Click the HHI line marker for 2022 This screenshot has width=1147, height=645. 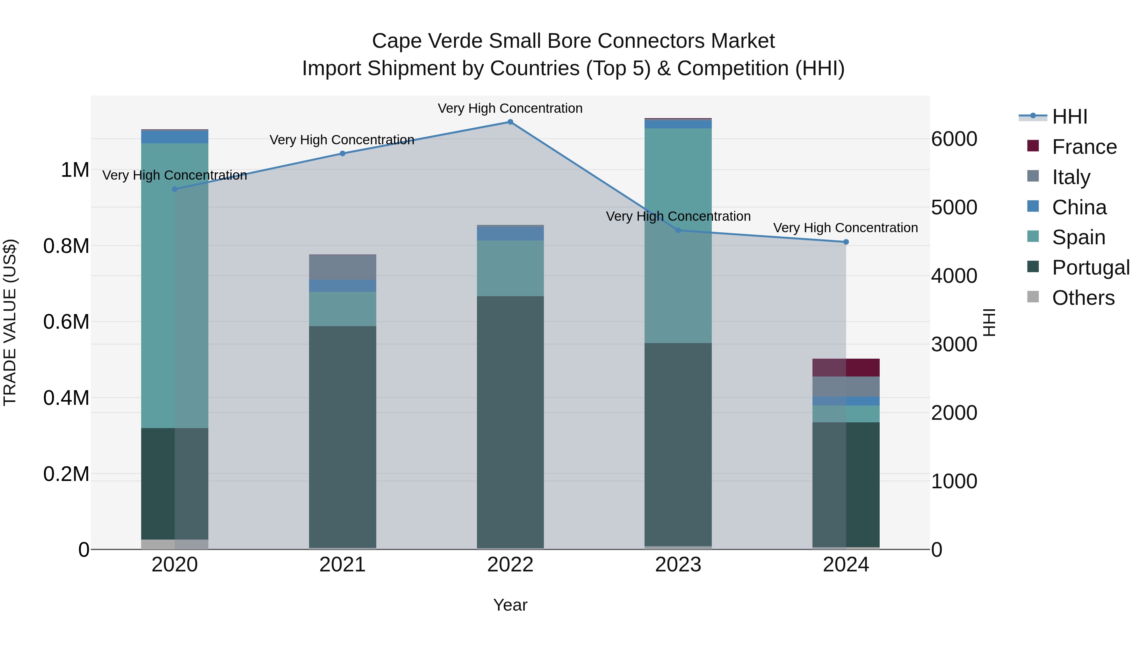coord(510,122)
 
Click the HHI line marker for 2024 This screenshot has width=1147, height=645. coord(846,242)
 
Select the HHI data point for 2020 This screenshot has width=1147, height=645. coord(175,189)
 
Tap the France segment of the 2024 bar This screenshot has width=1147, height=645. coord(846,368)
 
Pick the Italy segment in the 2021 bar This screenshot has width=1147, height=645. coord(343,267)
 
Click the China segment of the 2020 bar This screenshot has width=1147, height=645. coord(175,137)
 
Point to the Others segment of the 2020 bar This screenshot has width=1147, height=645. coord(175,544)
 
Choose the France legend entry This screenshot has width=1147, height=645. coord(1084,147)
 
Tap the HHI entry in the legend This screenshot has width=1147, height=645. coord(1070,117)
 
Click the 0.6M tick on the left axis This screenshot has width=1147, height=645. coord(66,322)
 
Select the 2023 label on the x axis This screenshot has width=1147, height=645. coord(678,565)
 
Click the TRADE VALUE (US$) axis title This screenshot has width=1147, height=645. coord(10,322)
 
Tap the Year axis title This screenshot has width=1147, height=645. coord(510,605)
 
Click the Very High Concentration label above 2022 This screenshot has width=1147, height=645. coord(510,108)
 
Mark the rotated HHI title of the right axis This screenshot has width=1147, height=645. coord(989,322)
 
